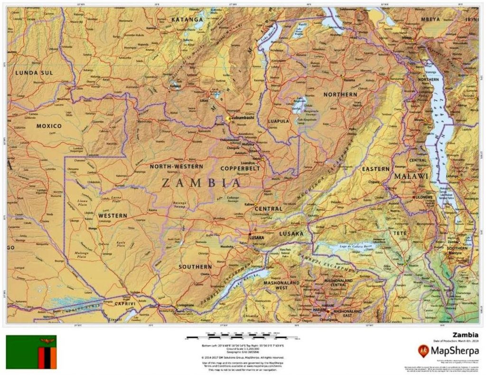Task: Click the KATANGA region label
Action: (187, 19)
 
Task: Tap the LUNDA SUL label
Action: (34, 73)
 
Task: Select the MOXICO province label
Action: (49, 126)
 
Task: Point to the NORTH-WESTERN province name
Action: (176, 167)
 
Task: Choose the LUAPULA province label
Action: (279, 121)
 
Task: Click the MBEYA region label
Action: (430, 19)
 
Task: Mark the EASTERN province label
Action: (376, 169)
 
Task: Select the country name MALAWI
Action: (411, 176)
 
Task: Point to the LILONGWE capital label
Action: (423, 196)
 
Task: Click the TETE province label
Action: (399, 233)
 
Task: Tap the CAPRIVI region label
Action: (119, 303)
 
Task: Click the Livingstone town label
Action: (185, 305)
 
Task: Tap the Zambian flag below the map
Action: (31, 352)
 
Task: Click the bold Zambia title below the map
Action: (465, 334)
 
